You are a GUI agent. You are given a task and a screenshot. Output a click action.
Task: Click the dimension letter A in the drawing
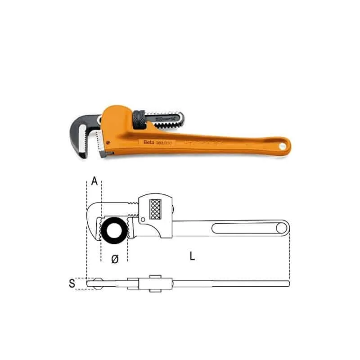point(94,181)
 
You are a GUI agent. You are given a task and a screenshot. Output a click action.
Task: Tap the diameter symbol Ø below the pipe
point(114,259)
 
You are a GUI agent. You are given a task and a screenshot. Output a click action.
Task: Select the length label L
point(192,256)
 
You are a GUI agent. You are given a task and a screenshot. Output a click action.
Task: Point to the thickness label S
point(72,283)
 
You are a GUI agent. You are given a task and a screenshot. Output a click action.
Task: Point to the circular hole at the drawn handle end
point(282,227)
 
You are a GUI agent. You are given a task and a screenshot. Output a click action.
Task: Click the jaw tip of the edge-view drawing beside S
point(93,283)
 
